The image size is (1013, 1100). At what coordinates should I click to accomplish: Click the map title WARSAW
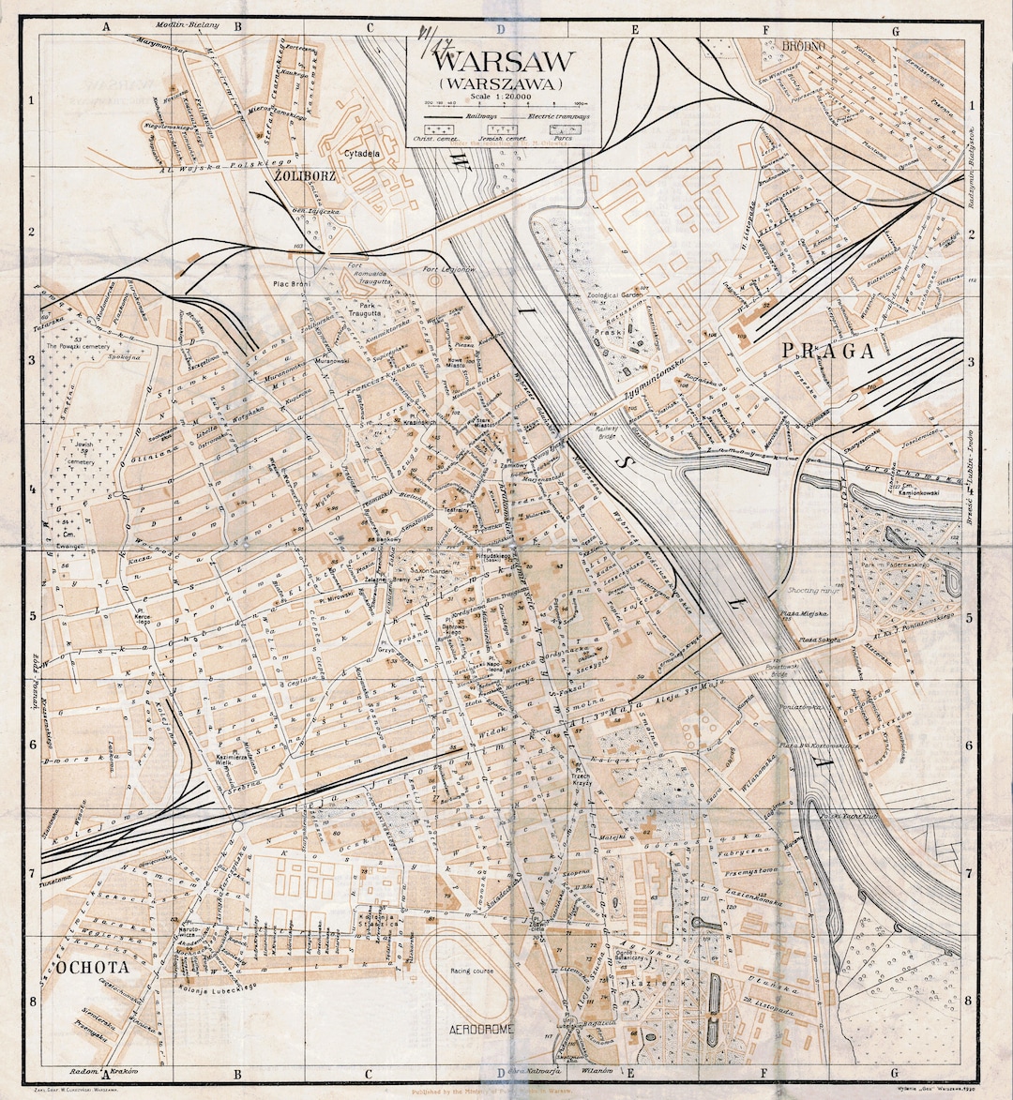point(505,62)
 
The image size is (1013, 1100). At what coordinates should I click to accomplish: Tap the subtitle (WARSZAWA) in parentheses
point(505,83)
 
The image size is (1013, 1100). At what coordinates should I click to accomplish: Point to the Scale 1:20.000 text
point(503,97)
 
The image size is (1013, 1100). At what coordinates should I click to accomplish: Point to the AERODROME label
point(482,1030)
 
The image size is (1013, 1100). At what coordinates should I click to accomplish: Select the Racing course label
point(470,971)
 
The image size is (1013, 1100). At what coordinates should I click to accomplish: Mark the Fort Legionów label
point(449,270)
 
